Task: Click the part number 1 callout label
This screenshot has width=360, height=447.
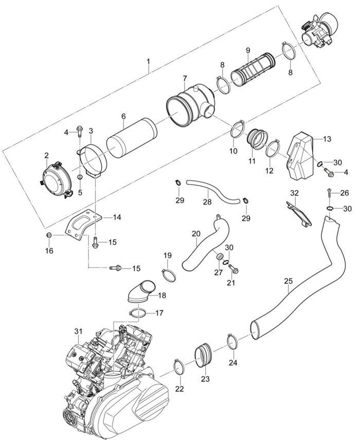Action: [148, 63]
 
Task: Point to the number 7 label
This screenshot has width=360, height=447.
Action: [184, 79]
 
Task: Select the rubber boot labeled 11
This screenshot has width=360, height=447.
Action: [257, 139]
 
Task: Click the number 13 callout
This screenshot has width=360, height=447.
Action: [327, 139]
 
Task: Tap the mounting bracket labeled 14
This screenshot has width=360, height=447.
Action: [83, 226]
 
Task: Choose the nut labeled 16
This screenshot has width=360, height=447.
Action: [49, 235]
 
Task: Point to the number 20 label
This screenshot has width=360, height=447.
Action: [196, 234]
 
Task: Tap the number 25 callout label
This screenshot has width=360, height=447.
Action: [288, 281]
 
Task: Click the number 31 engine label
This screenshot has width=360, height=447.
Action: [78, 331]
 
